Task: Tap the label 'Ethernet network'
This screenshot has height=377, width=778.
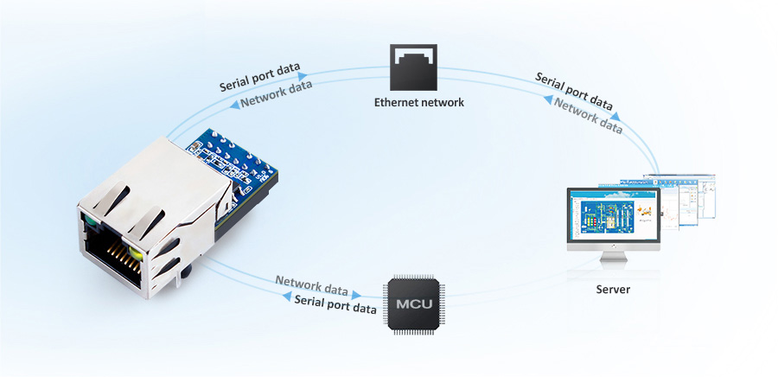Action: (418, 102)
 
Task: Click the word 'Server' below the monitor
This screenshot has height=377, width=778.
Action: (613, 289)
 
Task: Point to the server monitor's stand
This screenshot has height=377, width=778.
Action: (613, 258)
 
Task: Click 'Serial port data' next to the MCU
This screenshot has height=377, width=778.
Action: (335, 304)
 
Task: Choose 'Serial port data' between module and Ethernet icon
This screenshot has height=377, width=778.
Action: (259, 78)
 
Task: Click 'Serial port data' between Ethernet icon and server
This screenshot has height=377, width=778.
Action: (574, 90)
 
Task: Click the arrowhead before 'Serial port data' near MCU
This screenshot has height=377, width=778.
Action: (287, 296)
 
